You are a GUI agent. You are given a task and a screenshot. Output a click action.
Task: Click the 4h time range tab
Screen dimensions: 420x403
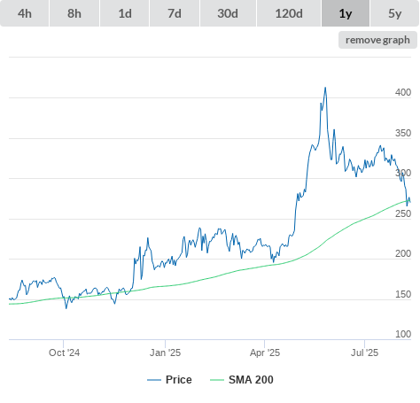click(25, 13)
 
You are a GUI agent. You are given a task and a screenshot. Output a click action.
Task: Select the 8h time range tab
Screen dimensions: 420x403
click(74, 13)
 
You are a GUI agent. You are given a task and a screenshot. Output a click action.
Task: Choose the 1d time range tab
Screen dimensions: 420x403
click(125, 13)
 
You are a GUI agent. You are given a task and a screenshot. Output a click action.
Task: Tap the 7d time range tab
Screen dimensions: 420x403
click(175, 13)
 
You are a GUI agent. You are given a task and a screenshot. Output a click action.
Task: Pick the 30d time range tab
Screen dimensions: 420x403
click(228, 13)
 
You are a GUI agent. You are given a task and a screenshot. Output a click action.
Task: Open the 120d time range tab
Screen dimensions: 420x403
click(289, 13)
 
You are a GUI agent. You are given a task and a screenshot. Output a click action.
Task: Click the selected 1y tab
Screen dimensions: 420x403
click(346, 13)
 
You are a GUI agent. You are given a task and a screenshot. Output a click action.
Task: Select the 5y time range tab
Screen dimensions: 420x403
click(394, 13)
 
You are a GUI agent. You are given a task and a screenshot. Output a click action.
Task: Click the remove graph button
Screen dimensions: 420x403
click(377, 40)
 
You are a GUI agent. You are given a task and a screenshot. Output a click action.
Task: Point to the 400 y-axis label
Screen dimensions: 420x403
click(403, 92)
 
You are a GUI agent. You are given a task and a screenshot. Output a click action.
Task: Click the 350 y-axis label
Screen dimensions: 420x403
click(403, 133)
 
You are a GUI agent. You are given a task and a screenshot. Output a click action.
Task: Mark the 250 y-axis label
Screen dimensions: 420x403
click(403, 213)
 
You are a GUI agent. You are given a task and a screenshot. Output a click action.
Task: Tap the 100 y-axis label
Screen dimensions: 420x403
click(403, 334)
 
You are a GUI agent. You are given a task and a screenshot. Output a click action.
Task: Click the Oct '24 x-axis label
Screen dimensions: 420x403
click(64, 353)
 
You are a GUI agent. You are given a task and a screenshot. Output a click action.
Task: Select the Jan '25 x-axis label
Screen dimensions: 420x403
click(165, 353)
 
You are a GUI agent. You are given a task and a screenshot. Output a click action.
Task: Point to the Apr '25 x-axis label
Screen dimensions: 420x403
click(265, 353)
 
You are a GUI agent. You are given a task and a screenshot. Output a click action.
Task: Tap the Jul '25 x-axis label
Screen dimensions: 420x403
click(364, 353)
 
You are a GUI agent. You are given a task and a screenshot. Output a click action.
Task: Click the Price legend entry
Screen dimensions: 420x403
click(169, 380)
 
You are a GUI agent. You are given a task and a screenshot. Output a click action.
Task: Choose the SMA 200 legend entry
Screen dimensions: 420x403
click(242, 380)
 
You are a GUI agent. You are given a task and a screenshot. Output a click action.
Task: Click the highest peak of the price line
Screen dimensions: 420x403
click(325, 88)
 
